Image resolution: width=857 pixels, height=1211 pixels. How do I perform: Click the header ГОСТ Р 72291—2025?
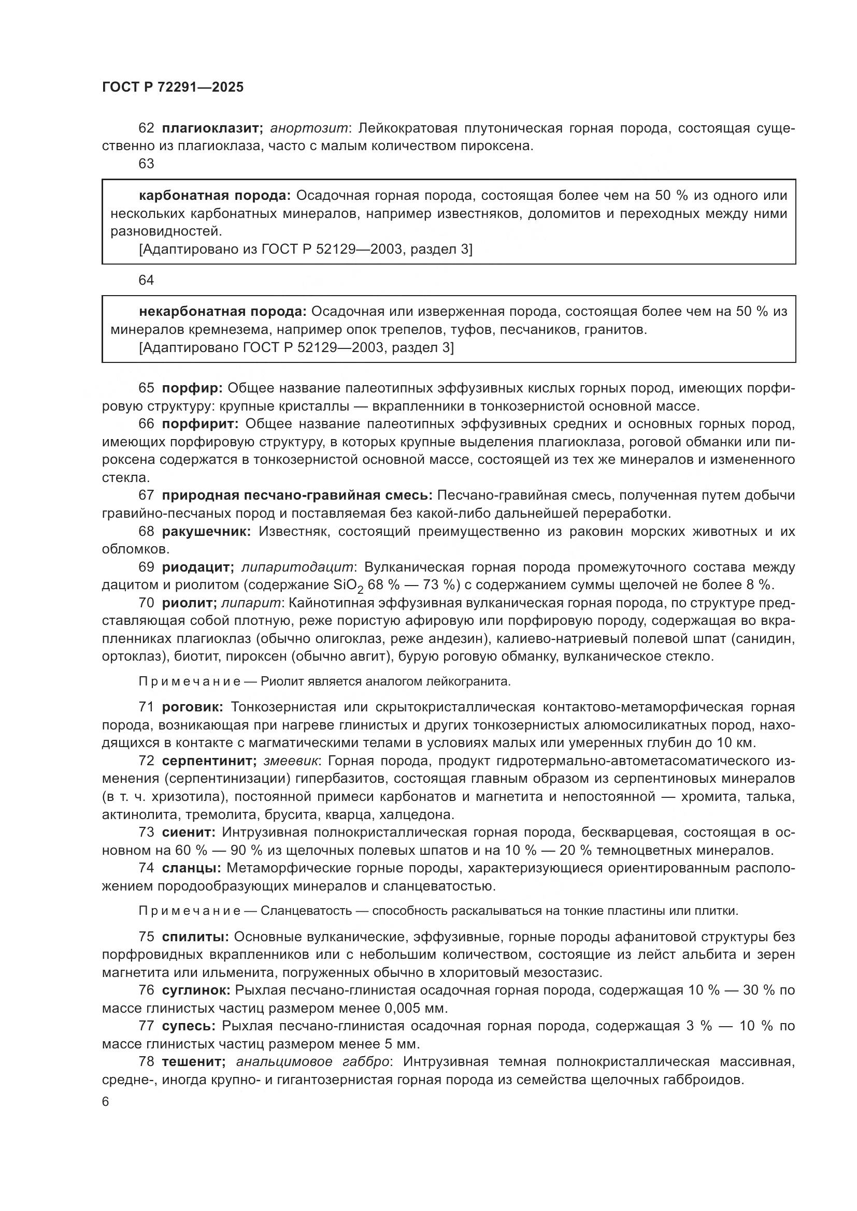173,87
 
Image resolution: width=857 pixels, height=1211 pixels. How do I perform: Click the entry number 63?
146,164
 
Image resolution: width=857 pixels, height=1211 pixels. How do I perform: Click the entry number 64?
146,280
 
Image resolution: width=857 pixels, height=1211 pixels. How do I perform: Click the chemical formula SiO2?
348,586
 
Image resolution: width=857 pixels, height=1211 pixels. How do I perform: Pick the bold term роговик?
193,707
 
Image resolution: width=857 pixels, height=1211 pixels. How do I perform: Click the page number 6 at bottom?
106,1102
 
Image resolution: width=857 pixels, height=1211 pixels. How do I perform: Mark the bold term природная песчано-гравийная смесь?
297,496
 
